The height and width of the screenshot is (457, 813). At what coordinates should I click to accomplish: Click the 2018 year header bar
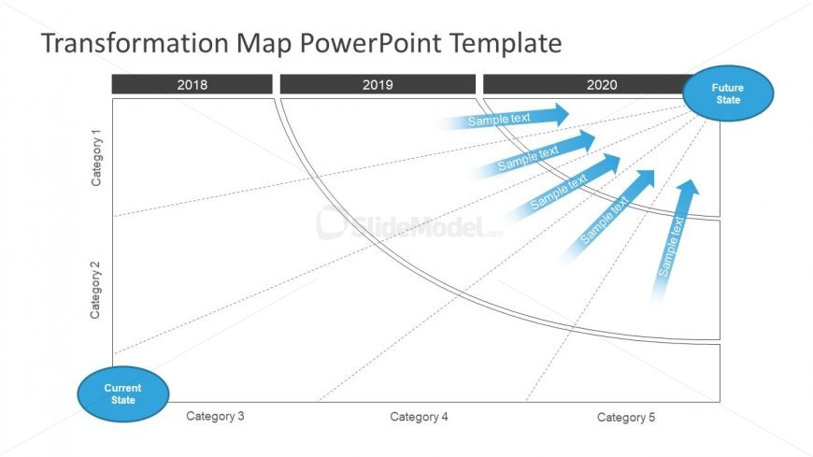click(x=192, y=85)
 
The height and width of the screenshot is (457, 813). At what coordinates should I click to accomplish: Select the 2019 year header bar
click(x=378, y=85)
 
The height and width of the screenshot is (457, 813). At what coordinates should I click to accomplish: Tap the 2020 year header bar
click(x=589, y=85)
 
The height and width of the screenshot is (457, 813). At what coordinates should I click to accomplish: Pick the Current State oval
click(x=122, y=393)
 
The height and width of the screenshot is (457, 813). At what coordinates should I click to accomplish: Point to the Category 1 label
click(x=97, y=157)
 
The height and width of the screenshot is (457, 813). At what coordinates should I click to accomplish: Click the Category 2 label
click(x=96, y=290)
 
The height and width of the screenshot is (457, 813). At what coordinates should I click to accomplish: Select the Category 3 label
click(x=215, y=416)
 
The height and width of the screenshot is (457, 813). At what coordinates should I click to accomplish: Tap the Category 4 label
click(x=419, y=417)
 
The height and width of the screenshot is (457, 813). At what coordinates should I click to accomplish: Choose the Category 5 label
click(x=626, y=418)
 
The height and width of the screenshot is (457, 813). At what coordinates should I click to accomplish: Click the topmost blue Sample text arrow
click(x=505, y=118)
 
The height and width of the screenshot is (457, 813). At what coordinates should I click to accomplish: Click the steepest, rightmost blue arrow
click(x=673, y=243)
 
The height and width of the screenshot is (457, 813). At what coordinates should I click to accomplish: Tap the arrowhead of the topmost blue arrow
click(x=560, y=114)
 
